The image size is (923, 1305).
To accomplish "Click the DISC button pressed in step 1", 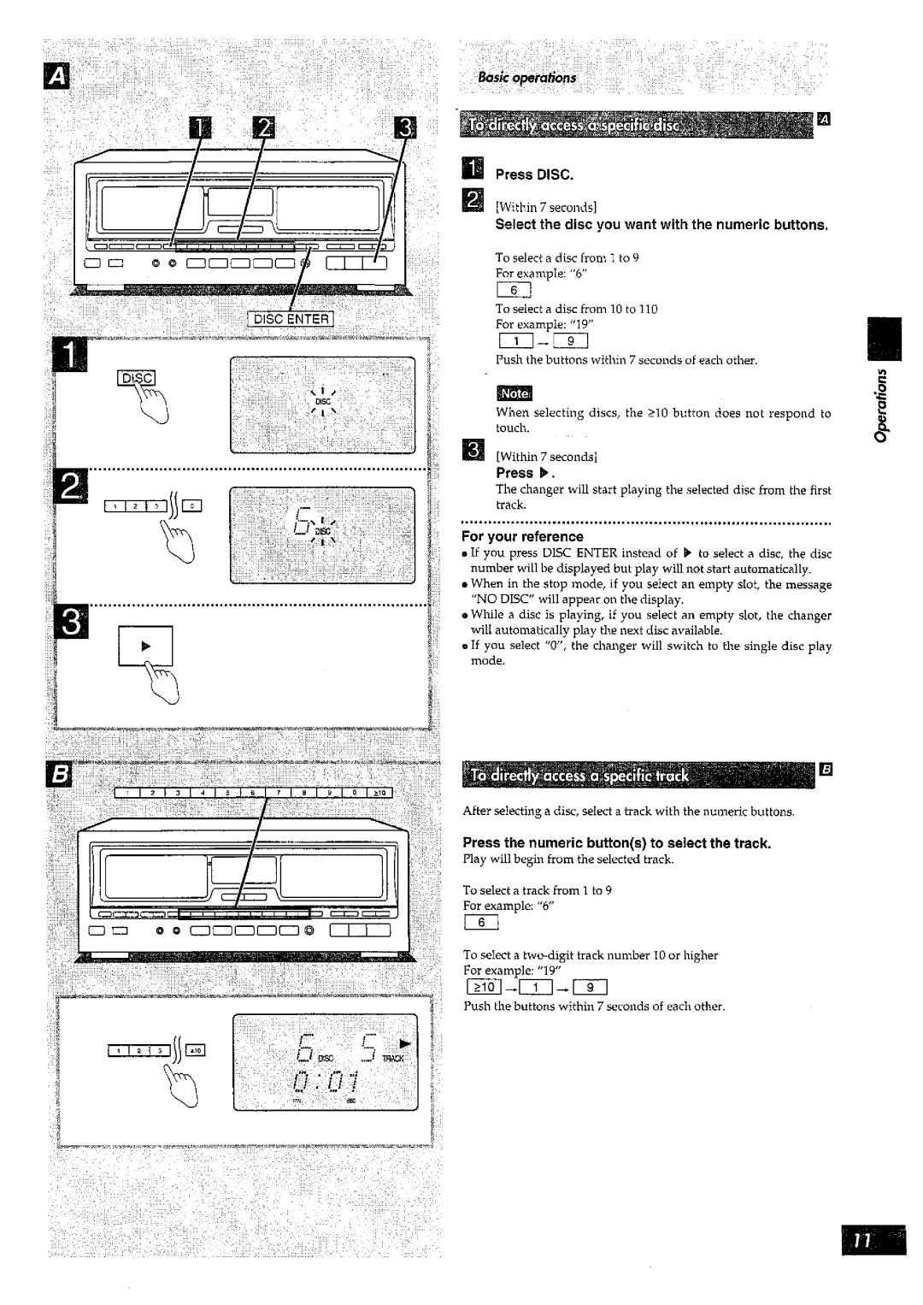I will [x=137, y=380].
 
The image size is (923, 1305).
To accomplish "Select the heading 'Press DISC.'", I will [x=534, y=174].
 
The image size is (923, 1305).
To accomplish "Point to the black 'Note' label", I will [x=514, y=393].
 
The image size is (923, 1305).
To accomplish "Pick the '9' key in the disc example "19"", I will [x=569, y=342].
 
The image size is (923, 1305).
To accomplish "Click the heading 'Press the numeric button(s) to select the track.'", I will [x=616, y=843].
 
